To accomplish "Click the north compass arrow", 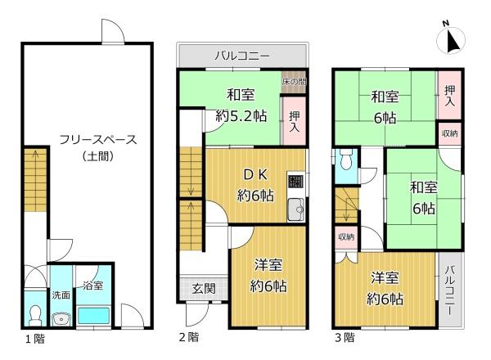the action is (x=453, y=41).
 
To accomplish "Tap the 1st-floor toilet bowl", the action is (x=34, y=315).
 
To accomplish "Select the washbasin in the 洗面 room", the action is (x=61, y=319).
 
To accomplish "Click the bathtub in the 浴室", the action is (x=93, y=316).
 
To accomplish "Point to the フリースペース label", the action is (x=98, y=139).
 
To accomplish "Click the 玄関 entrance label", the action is (x=204, y=288).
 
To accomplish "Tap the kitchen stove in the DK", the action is (x=295, y=182).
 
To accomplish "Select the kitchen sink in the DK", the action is (x=296, y=209).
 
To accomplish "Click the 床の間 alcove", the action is (x=294, y=82).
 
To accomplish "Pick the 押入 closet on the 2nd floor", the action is (x=294, y=121).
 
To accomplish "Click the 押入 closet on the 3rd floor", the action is (x=449, y=95).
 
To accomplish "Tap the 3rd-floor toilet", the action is (x=346, y=160).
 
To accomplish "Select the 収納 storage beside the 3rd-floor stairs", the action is (x=346, y=237).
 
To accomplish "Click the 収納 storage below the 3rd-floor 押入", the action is (x=449, y=133).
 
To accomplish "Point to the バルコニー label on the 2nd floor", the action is (x=242, y=56).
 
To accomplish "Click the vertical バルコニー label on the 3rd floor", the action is (x=450, y=290).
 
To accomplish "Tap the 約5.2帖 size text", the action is (x=241, y=116).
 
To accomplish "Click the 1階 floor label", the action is (x=35, y=339).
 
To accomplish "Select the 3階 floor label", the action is (x=345, y=337).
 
